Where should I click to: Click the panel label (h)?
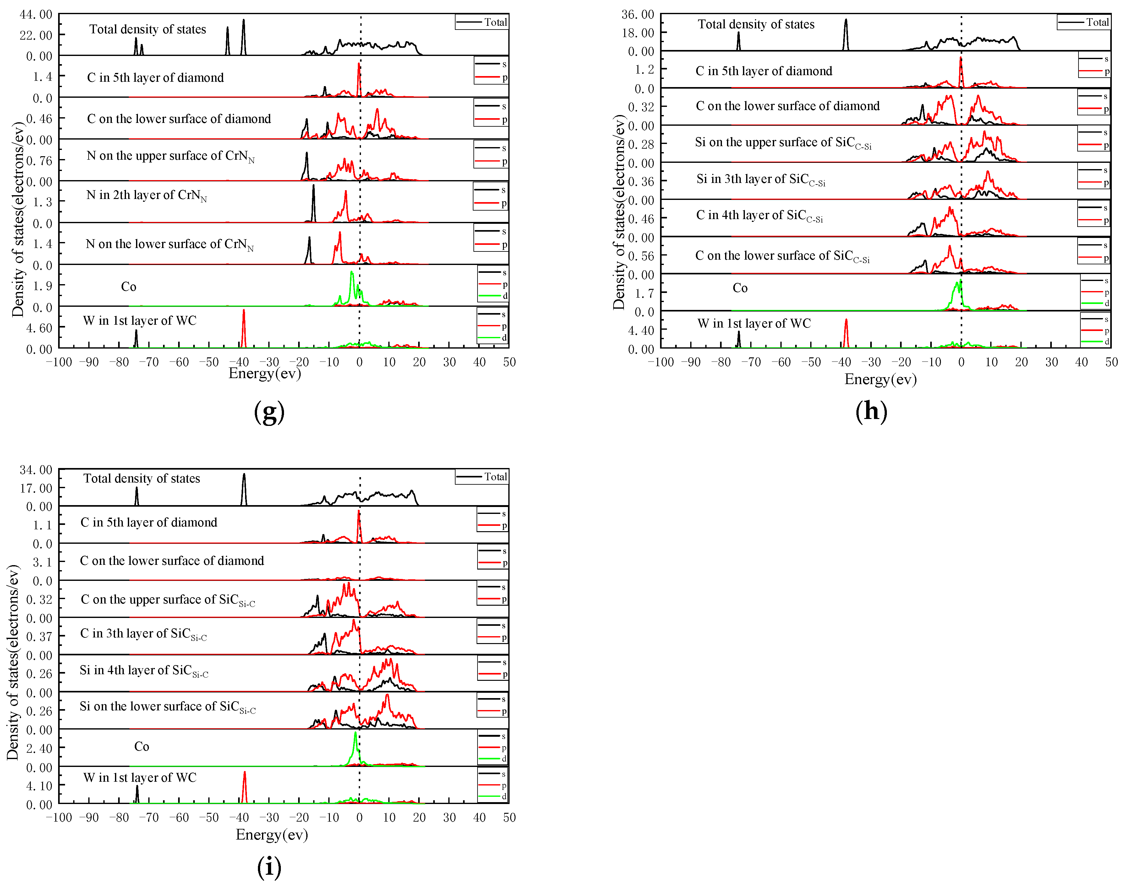[871, 411]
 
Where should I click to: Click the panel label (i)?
[269, 867]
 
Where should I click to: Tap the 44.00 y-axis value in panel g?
[36, 14]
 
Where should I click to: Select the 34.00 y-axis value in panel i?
[36, 470]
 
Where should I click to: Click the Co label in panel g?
[129, 287]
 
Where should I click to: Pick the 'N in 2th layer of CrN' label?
[146, 196]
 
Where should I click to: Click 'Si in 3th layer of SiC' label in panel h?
[760, 180]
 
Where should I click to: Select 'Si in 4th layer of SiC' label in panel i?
[144, 671]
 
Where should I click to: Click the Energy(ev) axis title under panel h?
[881, 380]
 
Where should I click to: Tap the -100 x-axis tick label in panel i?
[59, 818]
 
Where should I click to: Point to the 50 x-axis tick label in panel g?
[509, 362]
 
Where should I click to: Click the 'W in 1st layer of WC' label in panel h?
[754, 323]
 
